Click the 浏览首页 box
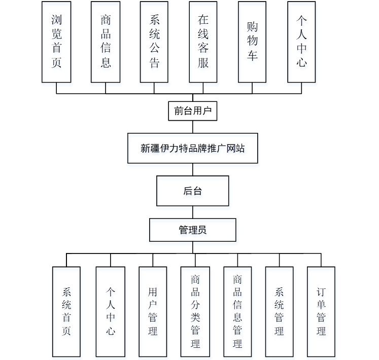(56, 42)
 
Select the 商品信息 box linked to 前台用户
(106, 42)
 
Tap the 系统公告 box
(155, 42)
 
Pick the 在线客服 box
(203, 42)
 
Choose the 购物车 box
(252, 42)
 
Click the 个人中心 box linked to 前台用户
(301, 42)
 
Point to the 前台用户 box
(193, 111)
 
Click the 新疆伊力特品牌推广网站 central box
(193, 148)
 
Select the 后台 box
(193, 191)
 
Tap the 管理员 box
(193, 230)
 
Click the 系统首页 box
(66, 311)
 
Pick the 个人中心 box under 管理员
(110, 311)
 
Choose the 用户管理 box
(153, 311)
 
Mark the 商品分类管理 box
(195, 311)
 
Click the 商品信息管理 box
(237, 311)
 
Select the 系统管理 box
(279, 311)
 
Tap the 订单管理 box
(321, 311)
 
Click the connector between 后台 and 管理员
(193, 212)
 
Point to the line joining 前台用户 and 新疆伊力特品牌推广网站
(193, 127)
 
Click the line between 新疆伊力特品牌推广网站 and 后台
(193, 169)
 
